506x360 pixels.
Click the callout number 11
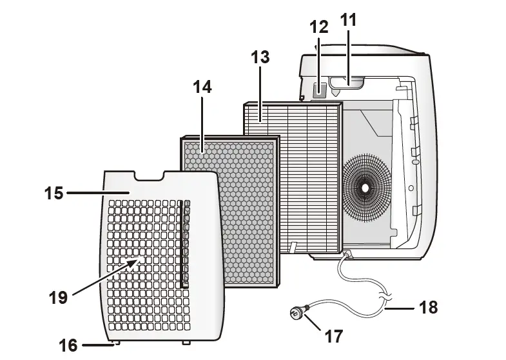[x=348, y=20]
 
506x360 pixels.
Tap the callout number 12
[x=318, y=27]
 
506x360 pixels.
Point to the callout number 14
[x=202, y=86]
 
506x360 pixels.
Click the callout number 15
[x=54, y=193]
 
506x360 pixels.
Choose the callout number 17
[x=334, y=335]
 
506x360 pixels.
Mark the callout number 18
[x=428, y=308]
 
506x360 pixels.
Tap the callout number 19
[x=58, y=297]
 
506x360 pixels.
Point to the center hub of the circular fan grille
[x=365, y=188]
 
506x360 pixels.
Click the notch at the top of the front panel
[x=149, y=175]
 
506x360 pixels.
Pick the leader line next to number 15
[x=97, y=193]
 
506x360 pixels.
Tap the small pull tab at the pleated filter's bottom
[x=293, y=247]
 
